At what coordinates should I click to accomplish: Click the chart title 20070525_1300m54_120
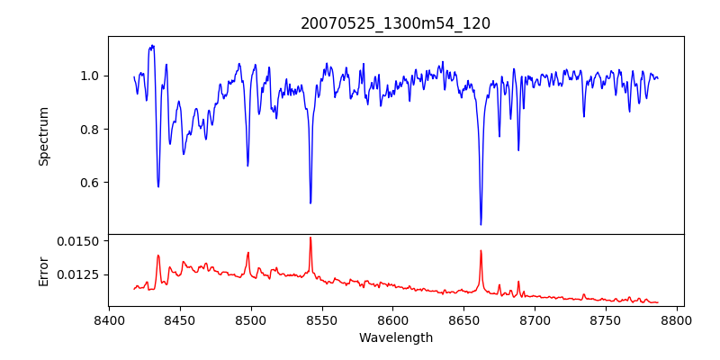(x=395, y=23)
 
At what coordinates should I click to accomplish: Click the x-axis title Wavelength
(x=395, y=337)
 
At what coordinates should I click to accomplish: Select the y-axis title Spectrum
(x=43, y=136)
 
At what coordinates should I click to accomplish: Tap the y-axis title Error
(x=43, y=270)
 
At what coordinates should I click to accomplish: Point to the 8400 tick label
(x=109, y=319)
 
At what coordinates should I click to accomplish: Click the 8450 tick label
(x=180, y=319)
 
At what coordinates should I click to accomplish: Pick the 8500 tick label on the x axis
(x=251, y=319)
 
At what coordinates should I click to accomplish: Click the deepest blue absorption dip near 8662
(x=481, y=224)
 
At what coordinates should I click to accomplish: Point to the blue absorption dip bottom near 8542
(x=310, y=202)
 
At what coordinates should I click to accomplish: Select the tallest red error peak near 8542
(x=310, y=238)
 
